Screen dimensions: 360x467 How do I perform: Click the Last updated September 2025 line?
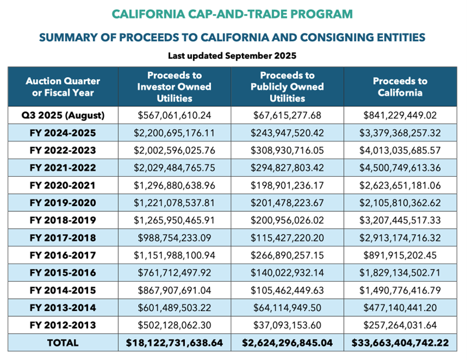233,57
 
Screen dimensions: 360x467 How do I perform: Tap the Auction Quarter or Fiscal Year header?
62,87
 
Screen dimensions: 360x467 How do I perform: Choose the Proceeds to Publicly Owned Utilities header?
287,87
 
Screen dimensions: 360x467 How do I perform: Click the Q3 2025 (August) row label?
62,115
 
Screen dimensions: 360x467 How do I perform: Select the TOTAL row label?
62,342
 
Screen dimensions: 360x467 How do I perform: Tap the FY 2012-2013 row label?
62,326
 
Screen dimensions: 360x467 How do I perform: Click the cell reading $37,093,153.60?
287,326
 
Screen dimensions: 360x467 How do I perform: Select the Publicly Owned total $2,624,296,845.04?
287,342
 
